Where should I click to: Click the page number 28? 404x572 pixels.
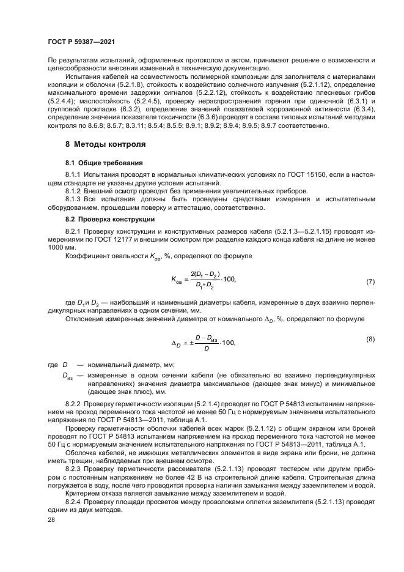tap(51, 519)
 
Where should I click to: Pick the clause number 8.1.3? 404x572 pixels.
tap(74, 200)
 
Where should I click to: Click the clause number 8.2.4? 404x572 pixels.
tap(74, 501)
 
